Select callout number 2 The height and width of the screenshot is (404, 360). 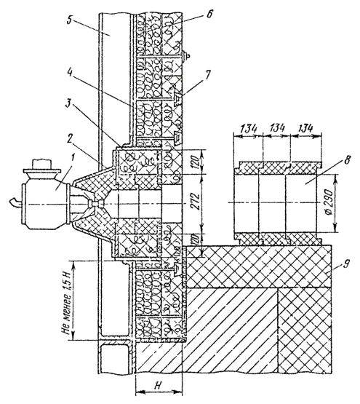click(69, 141)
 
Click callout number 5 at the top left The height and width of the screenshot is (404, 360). click(70, 20)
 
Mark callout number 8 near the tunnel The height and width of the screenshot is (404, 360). click(347, 161)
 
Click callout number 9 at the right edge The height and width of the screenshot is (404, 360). click(346, 264)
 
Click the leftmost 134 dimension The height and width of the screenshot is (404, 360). click(249, 128)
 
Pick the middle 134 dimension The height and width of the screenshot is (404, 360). click(277, 127)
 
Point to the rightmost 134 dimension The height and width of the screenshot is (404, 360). click(305, 128)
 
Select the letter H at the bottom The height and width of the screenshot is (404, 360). click(158, 386)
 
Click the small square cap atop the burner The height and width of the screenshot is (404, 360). click(41, 164)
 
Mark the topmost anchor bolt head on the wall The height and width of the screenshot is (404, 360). click(186, 55)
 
